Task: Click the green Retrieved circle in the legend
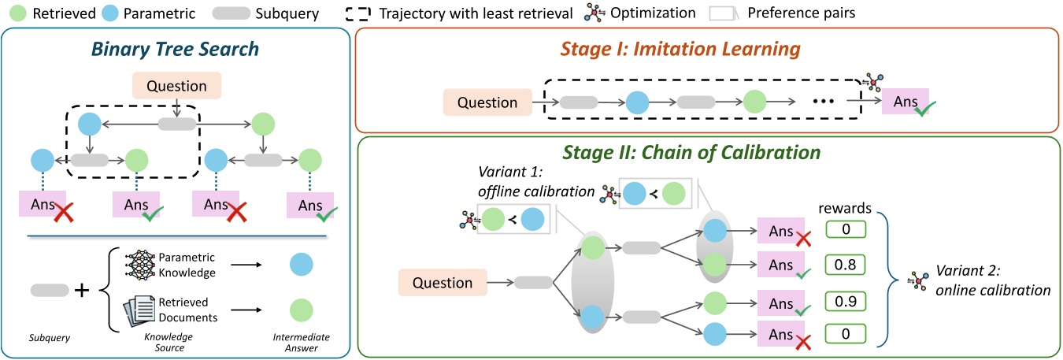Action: [12, 13]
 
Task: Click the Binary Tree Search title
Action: [175, 49]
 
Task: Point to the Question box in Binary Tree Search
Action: [178, 86]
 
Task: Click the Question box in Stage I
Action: [487, 102]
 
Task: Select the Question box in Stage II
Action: [442, 283]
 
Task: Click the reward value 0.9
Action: [845, 300]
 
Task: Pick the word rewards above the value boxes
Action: [844, 208]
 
